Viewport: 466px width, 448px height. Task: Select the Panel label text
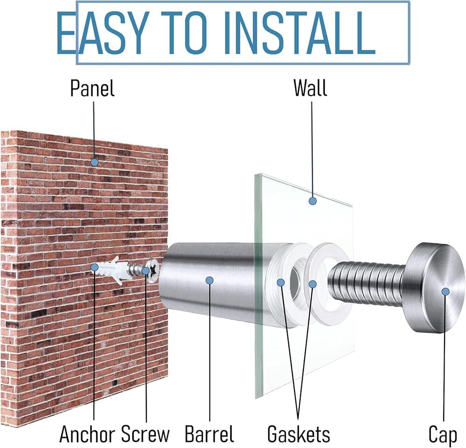coord(92,88)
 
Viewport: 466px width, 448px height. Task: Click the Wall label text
coord(310,88)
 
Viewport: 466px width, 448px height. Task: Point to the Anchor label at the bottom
coord(89,434)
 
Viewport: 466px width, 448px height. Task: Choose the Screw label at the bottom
coord(145,434)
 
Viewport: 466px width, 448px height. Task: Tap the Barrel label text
coord(210,434)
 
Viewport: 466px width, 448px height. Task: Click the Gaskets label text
coord(299,434)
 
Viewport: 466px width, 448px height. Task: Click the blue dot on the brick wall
coord(95,162)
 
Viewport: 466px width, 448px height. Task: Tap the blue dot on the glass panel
coord(312,201)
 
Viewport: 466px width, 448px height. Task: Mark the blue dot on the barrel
coord(210,280)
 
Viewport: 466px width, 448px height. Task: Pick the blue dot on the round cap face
coord(445,292)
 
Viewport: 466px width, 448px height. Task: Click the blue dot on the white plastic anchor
coord(95,267)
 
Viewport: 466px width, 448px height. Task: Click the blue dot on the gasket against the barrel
coord(281,282)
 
